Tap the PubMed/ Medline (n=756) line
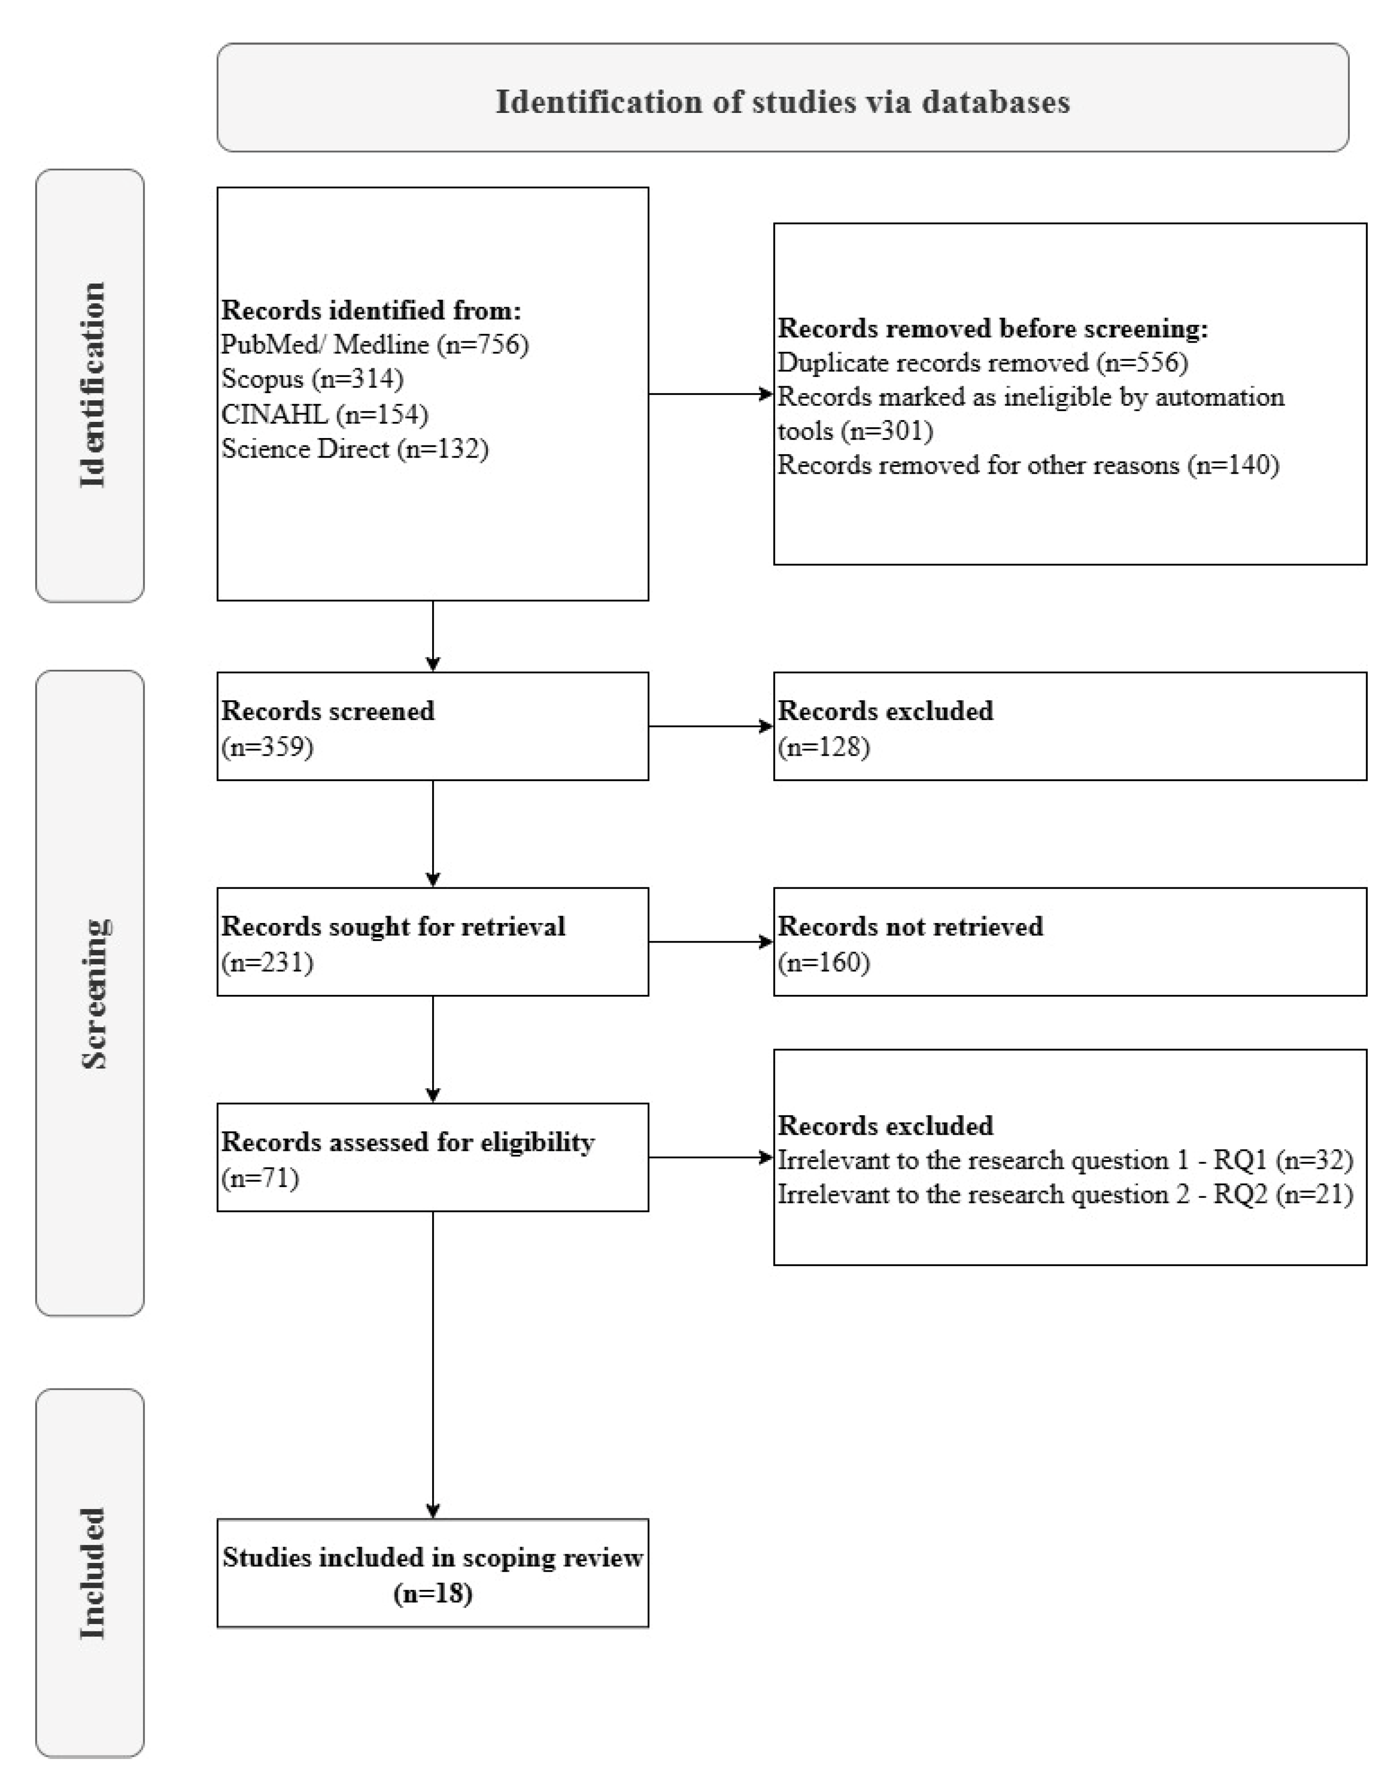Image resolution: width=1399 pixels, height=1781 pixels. [374, 344]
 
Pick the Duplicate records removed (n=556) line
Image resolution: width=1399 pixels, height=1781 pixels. [982, 362]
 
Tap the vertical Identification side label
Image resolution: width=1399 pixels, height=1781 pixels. [92, 385]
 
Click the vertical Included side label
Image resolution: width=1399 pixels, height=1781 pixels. [92, 1573]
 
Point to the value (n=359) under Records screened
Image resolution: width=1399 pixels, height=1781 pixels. [267, 747]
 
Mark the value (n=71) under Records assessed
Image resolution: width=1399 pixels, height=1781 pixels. [260, 1178]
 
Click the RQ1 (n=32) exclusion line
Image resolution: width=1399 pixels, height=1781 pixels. [1064, 1161]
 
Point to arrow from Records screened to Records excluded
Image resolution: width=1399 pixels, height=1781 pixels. [710, 726]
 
